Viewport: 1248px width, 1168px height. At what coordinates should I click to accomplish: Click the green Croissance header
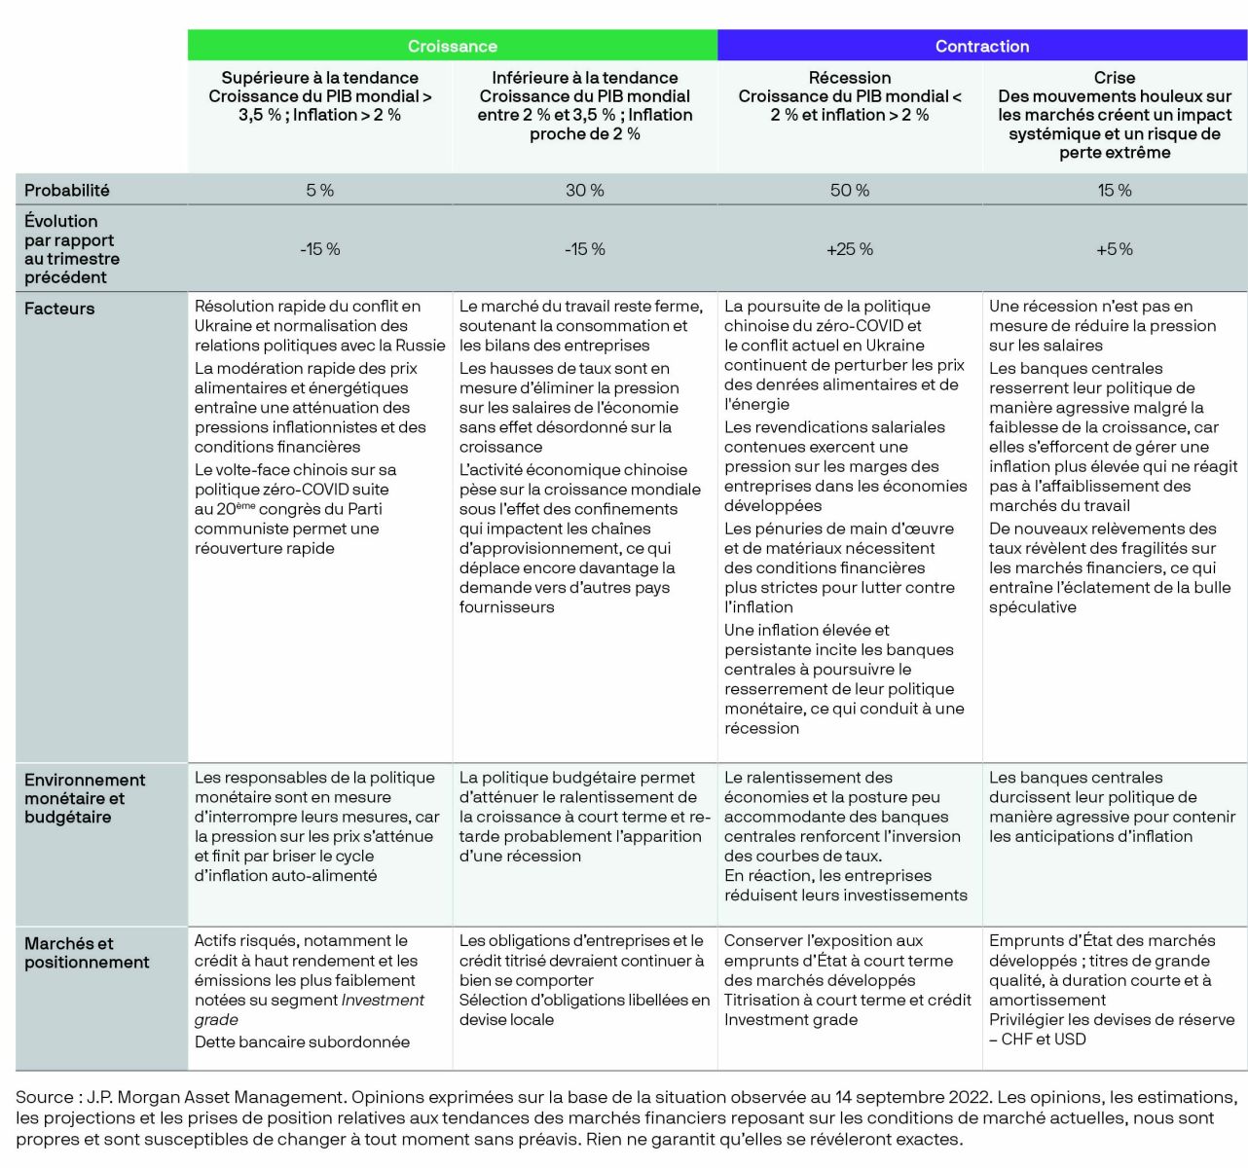(452, 47)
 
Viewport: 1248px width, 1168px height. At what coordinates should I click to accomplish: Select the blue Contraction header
(981, 47)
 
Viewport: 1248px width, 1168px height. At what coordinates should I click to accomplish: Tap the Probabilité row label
(67, 191)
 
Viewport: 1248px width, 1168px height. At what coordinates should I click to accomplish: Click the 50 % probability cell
(849, 191)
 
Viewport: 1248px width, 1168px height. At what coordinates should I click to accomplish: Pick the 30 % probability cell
(584, 191)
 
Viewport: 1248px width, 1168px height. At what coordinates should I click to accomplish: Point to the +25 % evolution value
(849, 249)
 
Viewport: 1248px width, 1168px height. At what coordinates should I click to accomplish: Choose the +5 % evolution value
(1114, 249)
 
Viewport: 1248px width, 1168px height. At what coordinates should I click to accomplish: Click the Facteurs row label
(59, 309)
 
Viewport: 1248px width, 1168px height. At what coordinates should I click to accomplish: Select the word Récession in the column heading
(849, 78)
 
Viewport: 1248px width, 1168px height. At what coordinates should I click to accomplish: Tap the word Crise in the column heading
(1114, 78)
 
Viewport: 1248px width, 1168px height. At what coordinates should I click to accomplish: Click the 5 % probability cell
(319, 191)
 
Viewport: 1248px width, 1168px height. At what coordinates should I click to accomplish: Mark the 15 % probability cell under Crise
(1114, 191)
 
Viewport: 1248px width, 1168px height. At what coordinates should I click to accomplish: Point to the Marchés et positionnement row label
(87, 953)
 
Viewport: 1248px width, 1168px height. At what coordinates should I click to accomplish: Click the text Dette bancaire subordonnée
(302, 1042)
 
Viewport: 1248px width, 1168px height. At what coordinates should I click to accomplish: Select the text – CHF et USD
(1038, 1040)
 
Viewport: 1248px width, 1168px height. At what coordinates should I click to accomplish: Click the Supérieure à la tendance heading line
(319, 78)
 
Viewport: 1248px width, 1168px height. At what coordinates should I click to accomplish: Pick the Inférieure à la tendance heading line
(584, 78)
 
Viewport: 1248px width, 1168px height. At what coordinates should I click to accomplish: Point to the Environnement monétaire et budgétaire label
(85, 798)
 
